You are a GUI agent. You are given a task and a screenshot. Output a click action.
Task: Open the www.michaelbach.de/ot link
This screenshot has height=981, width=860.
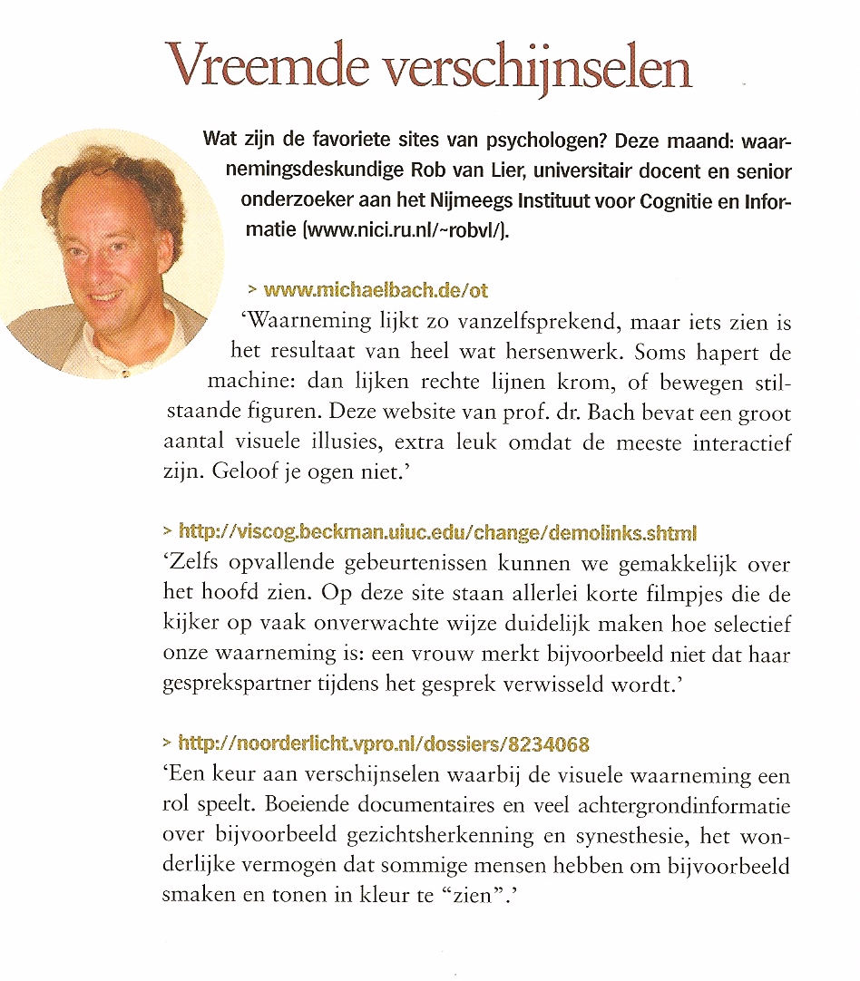[x=376, y=290]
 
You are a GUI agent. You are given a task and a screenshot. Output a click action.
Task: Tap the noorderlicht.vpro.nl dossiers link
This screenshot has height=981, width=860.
[x=385, y=744]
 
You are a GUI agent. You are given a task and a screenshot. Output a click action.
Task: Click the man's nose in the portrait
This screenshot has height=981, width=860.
[x=99, y=262]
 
